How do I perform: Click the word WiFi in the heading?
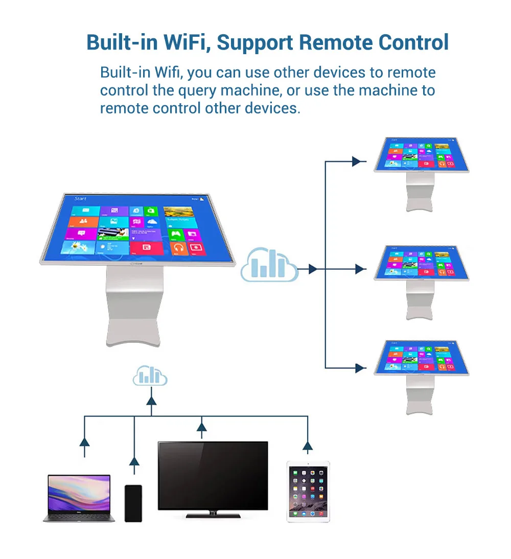pyautogui.click(x=186, y=42)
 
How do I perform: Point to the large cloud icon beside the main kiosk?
pyautogui.click(x=269, y=265)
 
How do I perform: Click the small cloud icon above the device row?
pyautogui.click(x=150, y=376)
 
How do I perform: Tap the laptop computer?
pyautogui.click(x=79, y=498)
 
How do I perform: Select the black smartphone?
pyautogui.click(x=133, y=503)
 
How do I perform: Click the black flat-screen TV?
pyautogui.click(x=213, y=476)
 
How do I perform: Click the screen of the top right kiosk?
pyautogui.click(x=421, y=155)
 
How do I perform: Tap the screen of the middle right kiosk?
pyautogui.click(x=421, y=262)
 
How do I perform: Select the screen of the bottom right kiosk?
pyautogui.click(x=421, y=358)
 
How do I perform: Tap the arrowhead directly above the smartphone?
pyautogui.click(x=134, y=462)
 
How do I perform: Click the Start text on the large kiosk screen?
pyautogui.click(x=80, y=198)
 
